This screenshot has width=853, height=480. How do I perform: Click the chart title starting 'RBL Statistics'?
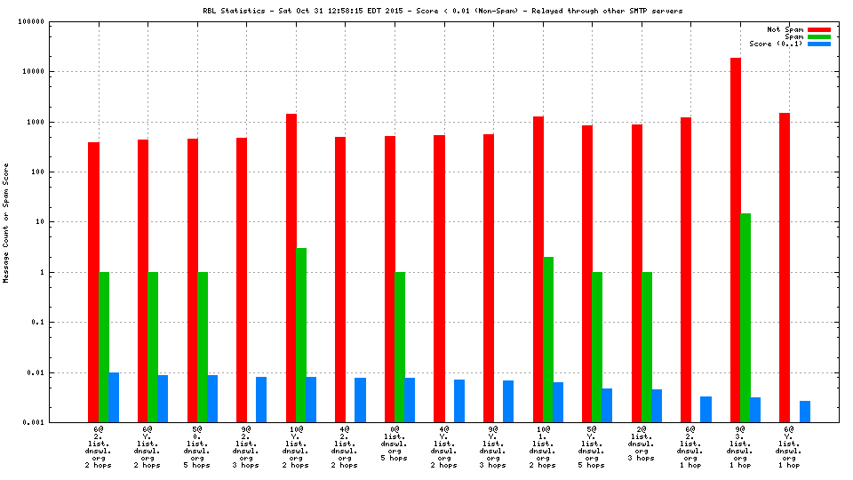(x=442, y=11)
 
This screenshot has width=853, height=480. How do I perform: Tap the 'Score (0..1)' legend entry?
(x=776, y=44)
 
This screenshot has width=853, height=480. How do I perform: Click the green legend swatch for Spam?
(x=818, y=36)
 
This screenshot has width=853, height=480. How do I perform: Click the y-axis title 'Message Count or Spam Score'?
(x=6, y=222)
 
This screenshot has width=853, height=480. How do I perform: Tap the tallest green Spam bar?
(x=745, y=317)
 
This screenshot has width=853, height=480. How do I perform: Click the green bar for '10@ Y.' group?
(x=301, y=335)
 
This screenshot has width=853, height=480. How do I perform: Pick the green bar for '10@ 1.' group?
(x=548, y=340)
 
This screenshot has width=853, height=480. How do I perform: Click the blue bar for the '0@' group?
(x=410, y=400)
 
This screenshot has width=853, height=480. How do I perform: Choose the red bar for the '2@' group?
(x=636, y=273)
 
